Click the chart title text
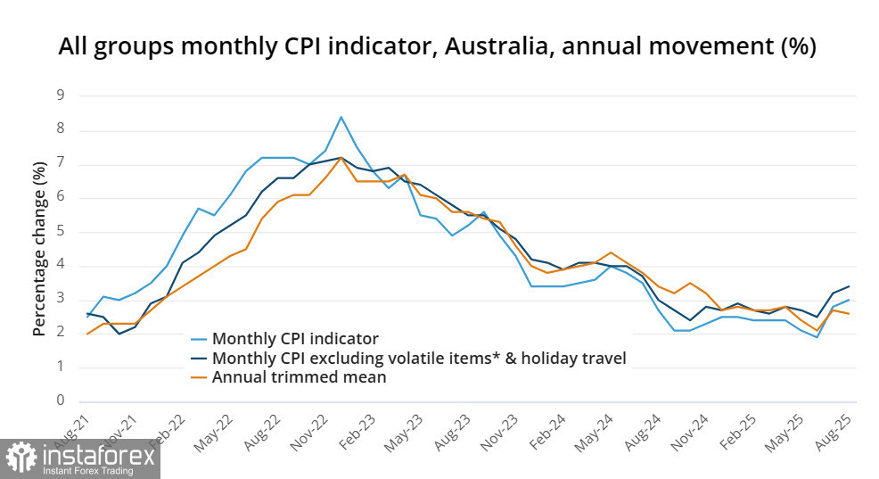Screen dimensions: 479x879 click(x=437, y=47)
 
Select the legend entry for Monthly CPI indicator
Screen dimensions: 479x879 click(x=295, y=339)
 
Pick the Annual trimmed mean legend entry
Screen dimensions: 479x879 click(x=300, y=377)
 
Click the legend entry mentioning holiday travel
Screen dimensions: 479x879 click(x=419, y=358)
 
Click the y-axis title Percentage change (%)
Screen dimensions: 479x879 click(x=39, y=249)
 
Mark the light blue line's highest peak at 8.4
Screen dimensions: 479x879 click(x=341, y=117)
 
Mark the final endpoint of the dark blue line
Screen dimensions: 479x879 click(x=849, y=286)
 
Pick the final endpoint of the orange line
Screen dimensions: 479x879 click(x=849, y=314)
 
